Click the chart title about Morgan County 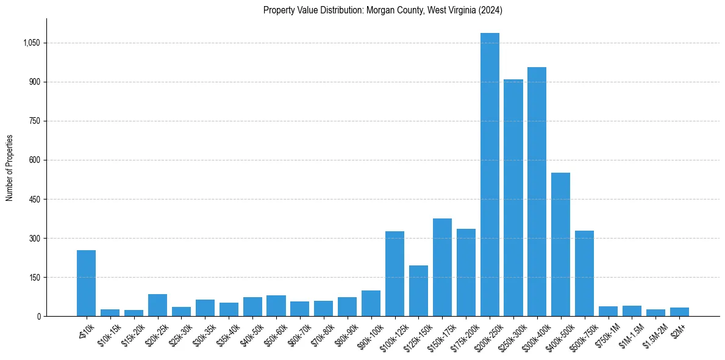coord(382,10)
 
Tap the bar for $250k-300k coord(513,198)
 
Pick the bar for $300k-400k coord(537,192)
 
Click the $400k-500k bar coord(560,244)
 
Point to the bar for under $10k coord(86,283)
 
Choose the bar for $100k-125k coord(395,273)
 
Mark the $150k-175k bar coord(442,267)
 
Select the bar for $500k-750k coord(584,273)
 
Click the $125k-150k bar coord(418,290)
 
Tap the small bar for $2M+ coord(679,312)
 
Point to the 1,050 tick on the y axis coord(32,43)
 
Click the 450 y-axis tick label coord(35,200)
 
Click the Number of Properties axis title coord(10,167)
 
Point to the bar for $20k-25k coord(157,305)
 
